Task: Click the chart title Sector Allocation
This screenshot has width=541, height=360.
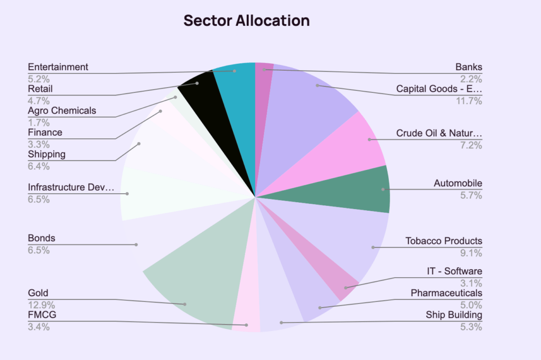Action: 246,21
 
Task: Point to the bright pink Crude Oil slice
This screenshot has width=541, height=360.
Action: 359,143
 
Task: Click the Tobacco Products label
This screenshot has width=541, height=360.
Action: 444,241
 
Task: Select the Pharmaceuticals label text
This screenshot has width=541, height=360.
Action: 446,293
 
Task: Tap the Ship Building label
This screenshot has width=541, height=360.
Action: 454,315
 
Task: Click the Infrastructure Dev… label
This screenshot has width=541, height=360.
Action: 71,187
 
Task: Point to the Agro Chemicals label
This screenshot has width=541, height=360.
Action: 62,111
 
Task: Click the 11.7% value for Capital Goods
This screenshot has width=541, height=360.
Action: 469,101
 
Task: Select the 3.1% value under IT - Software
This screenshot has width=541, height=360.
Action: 471,282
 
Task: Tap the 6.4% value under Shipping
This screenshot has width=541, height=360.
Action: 38,166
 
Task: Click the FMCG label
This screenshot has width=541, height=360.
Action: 42,315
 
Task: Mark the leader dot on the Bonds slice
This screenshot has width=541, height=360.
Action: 136,244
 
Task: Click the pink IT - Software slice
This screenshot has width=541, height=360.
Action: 343,282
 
